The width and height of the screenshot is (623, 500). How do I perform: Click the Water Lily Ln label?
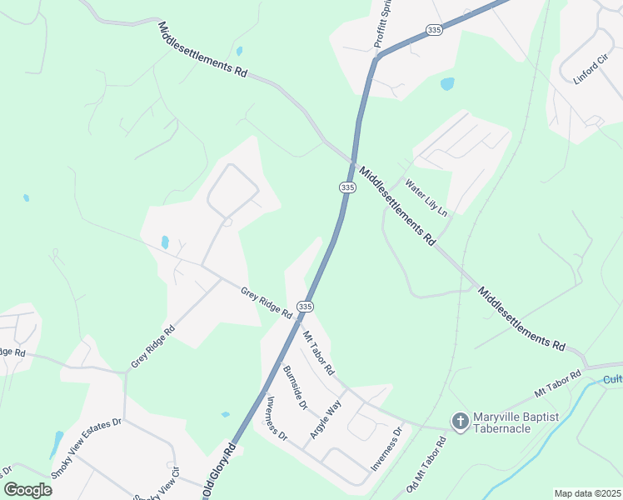[x=426, y=197]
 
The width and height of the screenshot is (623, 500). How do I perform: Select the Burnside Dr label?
[x=295, y=387]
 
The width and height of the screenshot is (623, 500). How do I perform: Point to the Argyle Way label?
[x=326, y=419]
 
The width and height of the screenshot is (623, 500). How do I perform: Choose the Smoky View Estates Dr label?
[x=86, y=447]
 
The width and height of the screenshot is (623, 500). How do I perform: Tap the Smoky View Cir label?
[x=163, y=482]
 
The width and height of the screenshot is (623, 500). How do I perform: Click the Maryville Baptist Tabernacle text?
[x=513, y=422]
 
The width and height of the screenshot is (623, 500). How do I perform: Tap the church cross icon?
[x=459, y=422]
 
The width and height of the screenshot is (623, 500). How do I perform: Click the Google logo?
[x=27, y=489]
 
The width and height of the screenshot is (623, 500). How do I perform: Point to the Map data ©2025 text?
[x=587, y=493]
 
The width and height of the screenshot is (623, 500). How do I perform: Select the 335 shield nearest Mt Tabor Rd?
[x=306, y=307]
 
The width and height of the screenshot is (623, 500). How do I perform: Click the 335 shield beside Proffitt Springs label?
[x=433, y=30]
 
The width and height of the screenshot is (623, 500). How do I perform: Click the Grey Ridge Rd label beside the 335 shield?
[x=266, y=303]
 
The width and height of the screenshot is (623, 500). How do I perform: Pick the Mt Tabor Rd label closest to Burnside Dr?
[x=317, y=352]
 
